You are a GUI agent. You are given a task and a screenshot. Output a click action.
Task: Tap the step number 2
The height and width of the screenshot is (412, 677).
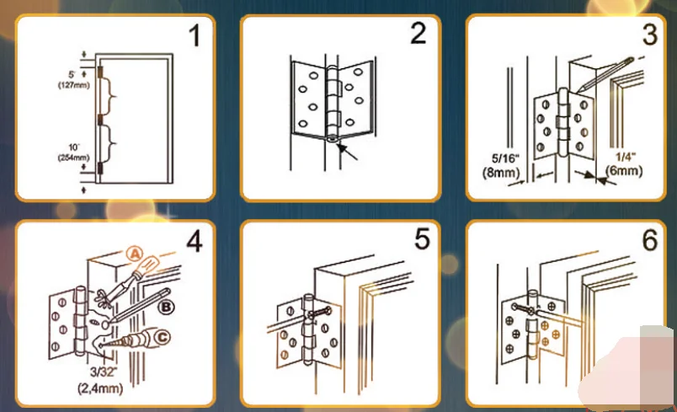418,36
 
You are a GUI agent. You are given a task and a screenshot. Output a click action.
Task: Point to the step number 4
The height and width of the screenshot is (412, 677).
195,242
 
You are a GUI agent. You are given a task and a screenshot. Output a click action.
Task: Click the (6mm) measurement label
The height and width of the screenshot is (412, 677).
624,172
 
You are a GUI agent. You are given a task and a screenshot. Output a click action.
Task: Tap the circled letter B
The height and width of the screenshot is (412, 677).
166,308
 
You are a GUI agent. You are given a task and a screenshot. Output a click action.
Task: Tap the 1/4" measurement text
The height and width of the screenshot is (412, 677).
624,157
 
